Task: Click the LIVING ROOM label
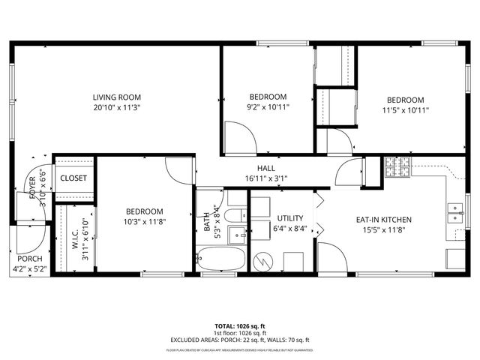coord(117,97)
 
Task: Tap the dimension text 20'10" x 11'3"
coord(117,107)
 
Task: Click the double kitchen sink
coord(453,214)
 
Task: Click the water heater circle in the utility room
coord(262,262)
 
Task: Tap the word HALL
coord(266,169)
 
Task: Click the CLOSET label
coord(73,178)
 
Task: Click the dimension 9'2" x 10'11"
coord(268,107)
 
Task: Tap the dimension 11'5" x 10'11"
coord(405,110)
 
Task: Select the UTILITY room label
coord(290,218)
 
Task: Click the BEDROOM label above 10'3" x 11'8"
coord(144,211)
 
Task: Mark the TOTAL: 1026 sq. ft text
coord(240,326)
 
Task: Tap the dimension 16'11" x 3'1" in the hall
coord(266,178)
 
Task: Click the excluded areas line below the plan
coord(240,340)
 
